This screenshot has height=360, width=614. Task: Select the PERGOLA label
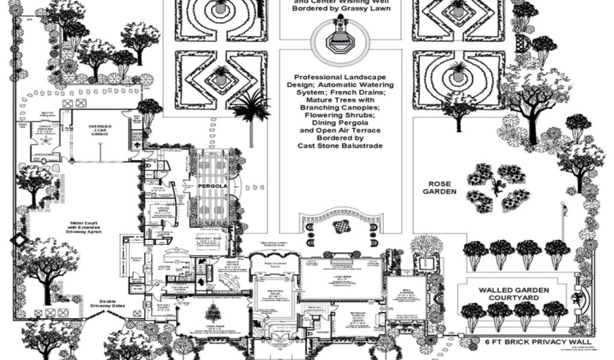click(211, 187)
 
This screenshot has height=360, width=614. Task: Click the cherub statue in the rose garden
click(497, 187)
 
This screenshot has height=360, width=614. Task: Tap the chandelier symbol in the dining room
click(212, 312)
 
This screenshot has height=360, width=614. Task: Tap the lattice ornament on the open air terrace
click(342, 226)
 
